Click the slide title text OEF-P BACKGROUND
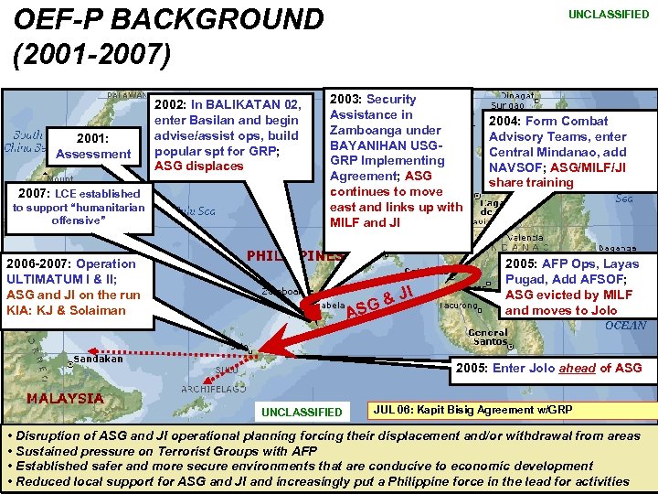[169, 20]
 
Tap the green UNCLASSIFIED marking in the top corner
[608, 15]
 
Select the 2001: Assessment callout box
[93, 146]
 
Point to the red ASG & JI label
[381, 306]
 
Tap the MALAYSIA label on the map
[65, 398]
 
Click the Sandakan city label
[97, 360]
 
